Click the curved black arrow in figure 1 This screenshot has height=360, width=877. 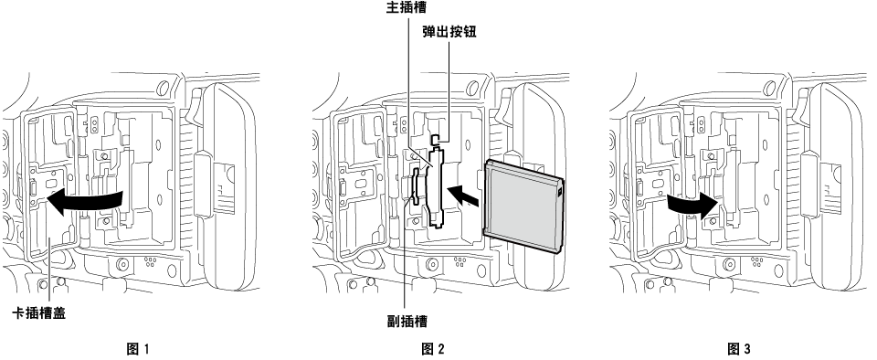85,199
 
